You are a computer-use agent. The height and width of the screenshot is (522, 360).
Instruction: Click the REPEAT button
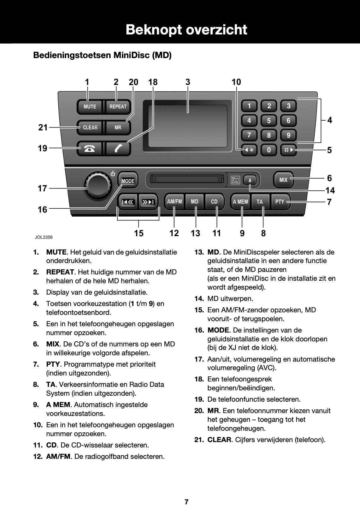coord(118,107)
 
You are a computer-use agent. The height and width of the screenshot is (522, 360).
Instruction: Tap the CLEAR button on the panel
coord(90,128)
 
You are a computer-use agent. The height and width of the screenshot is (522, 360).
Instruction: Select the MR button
coord(118,128)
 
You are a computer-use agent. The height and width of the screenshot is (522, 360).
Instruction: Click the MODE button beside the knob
coord(128,181)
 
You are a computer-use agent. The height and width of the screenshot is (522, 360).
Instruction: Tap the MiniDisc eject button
coord(250,180)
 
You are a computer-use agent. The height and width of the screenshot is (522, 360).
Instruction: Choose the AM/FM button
coord(174,201)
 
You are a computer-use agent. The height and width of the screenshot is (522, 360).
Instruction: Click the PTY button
coord(280,201)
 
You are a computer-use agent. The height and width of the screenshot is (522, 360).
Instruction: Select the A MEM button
coord(240,201)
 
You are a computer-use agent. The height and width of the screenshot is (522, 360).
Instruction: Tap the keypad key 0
coord(269,150)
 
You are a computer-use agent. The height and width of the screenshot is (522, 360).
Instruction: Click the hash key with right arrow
coord(288,150)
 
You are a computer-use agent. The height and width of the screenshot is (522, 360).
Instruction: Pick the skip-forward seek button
coord(148,202)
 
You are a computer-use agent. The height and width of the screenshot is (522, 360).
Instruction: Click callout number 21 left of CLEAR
coord(43,128)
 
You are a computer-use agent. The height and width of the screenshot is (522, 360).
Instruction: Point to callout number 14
coord(330,190)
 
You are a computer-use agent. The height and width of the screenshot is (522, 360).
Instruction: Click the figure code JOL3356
coord(44,237)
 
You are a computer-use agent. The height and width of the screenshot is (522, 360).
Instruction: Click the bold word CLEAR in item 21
coord(219,440)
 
